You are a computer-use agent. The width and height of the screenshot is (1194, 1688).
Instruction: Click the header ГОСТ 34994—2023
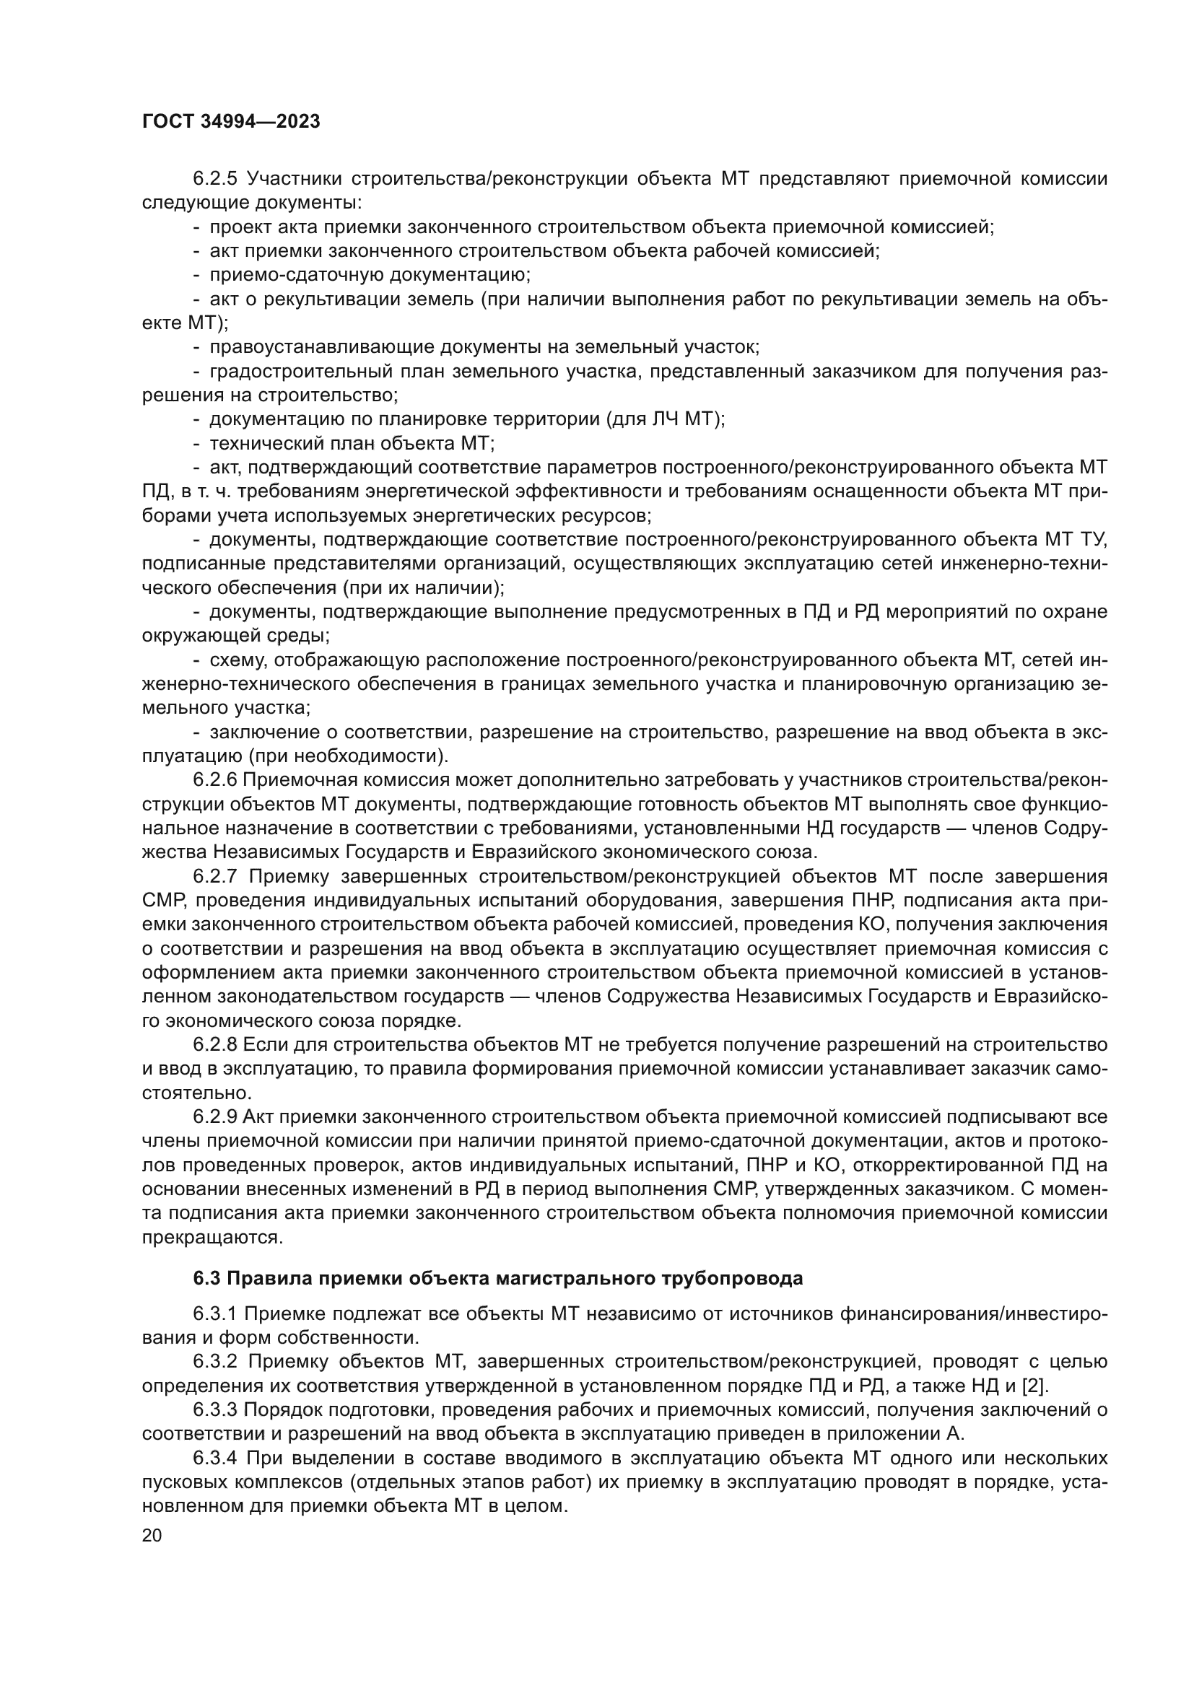click(231, 122)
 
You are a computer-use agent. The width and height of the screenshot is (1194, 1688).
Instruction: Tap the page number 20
click(152, 1535)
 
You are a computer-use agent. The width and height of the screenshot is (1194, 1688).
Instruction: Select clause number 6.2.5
click(215, 180)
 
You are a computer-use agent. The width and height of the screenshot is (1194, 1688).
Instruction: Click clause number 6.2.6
click(215, 780)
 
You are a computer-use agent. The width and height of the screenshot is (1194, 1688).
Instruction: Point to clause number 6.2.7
click(215, 876)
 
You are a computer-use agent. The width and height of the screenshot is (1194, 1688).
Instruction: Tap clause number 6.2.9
click(215, 1116)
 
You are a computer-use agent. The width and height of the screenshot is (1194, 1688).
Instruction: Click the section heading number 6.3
click(206, 1279)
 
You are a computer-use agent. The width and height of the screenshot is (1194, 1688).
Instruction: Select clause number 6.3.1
click(215, 1313)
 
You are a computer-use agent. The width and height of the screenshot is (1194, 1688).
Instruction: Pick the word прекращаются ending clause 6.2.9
click(212, 1238)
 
